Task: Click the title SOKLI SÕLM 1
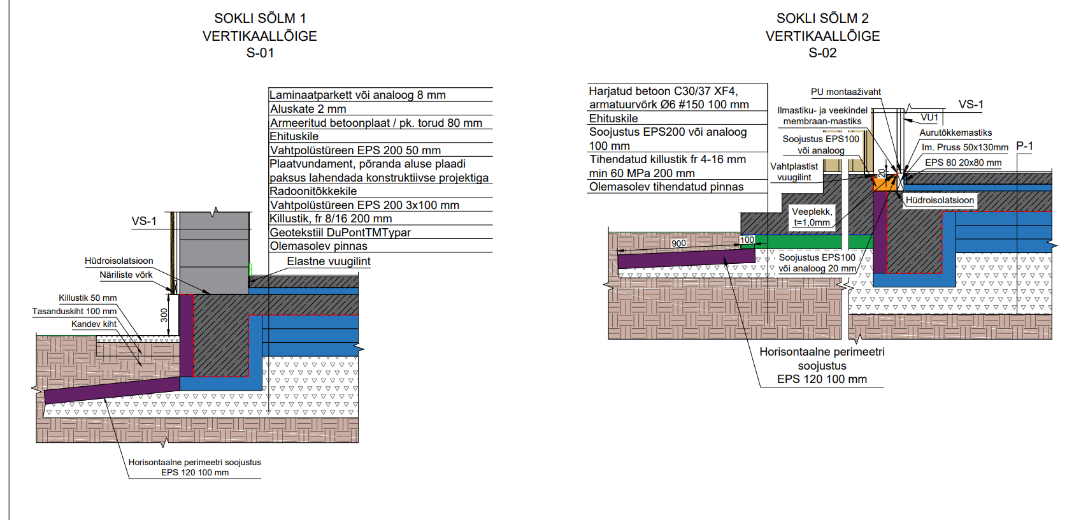coord(260,18)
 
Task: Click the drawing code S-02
coord(822,53)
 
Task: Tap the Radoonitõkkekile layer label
coord(313,191)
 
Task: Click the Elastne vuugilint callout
coord(328,261)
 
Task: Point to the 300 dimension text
coord(164,315)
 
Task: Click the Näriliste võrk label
coord(126,275)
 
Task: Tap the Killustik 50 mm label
coord(88,298)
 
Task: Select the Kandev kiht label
coord(94,324)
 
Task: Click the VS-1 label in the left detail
coord(144,221)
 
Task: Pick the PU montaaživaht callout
coord(845,92)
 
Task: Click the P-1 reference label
coord(1024,146)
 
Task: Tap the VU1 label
coord(929,117)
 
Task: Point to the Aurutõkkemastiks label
coord(956,133)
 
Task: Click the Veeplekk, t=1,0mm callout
coord(812,217)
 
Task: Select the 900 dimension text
coord(678,243)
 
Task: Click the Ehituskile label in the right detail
coord(613,119)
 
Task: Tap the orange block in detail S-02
coord(883,184)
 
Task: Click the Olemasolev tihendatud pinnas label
coord(666,187)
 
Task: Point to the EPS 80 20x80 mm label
coord(963,162)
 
